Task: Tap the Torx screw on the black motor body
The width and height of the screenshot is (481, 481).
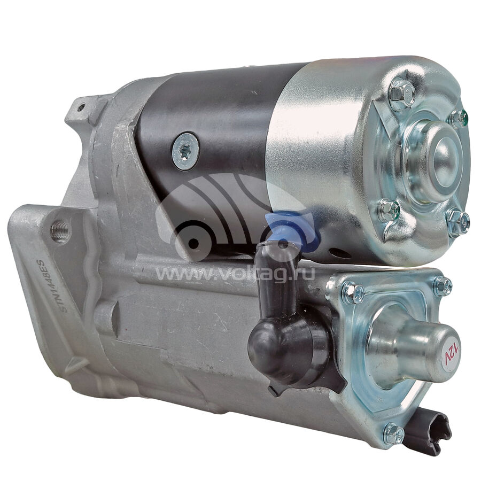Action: pyautogui.click(x=185, y=152)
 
